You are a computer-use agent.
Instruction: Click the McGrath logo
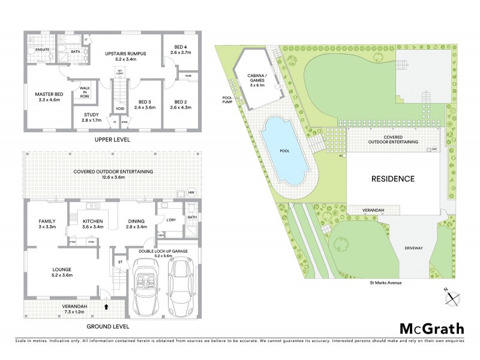coord(432,328)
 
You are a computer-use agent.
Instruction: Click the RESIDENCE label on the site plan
coord(393,179)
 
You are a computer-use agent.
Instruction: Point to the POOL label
coord(284,151)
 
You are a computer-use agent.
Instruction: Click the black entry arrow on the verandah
coord(106,307)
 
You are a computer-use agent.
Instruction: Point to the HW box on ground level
coord(191,192)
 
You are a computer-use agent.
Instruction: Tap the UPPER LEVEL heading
coord(113,139)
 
